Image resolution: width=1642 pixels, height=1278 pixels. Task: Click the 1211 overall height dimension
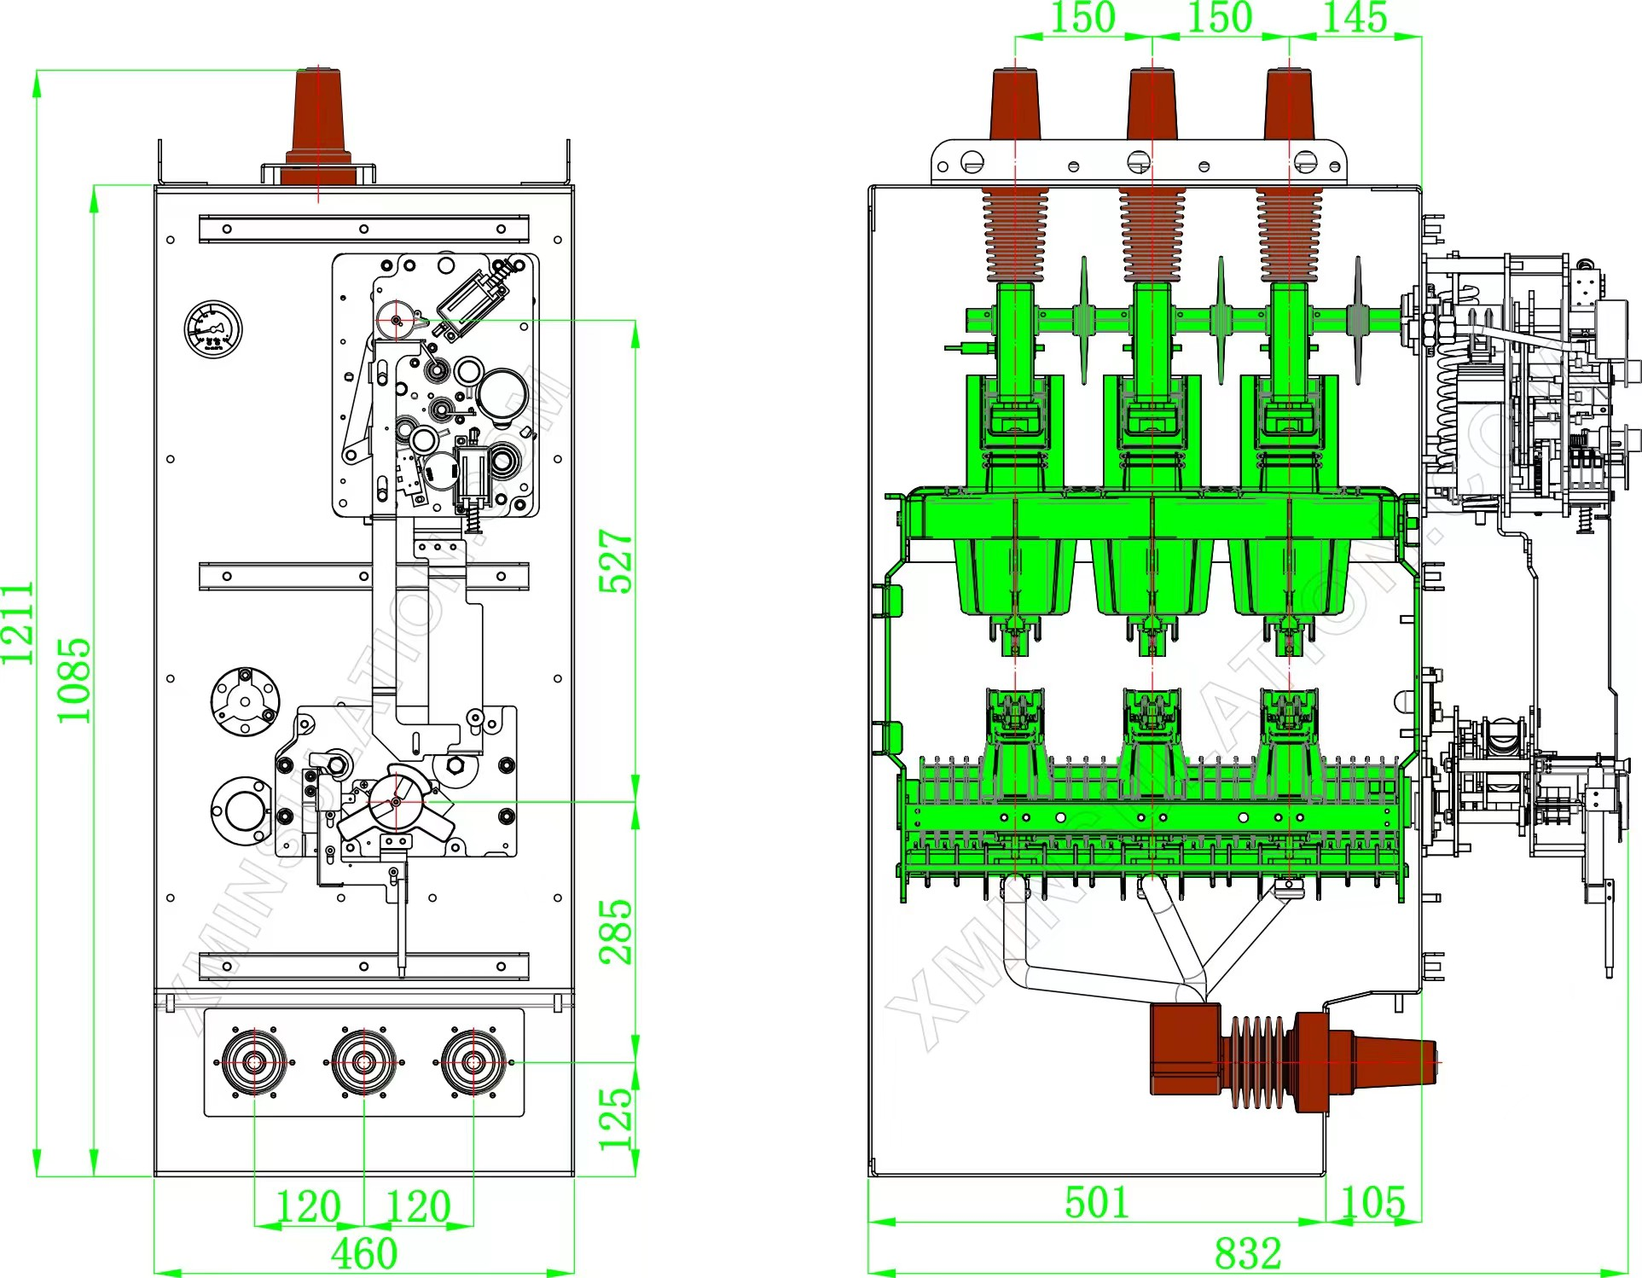(17, 622)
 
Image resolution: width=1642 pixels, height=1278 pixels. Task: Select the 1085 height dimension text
(74, 680)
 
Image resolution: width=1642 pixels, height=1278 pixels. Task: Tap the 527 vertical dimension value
(616, 561)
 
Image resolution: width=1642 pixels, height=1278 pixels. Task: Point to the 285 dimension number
(616, 932)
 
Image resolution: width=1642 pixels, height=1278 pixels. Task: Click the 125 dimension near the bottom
(616, 1118)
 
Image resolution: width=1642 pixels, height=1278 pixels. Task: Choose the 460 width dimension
(364, 1253)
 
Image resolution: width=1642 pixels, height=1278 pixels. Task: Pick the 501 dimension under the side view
(1097, 1203)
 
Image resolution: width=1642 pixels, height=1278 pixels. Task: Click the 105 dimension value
(1372, 1203)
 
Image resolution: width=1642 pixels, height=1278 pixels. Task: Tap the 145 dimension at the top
(1355, 18)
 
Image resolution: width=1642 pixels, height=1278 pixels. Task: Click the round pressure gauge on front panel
(213, 329)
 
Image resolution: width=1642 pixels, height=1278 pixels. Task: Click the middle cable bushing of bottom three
(364, 1062)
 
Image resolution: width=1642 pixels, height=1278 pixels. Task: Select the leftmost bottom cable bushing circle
(254, 1062)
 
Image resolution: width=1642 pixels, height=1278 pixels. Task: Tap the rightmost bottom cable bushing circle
(473, 1062)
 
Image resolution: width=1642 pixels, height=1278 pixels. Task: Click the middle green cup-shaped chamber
(1152, 576)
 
